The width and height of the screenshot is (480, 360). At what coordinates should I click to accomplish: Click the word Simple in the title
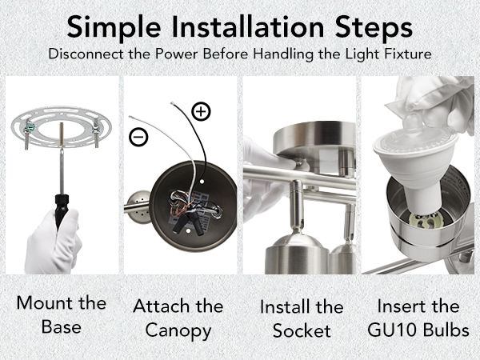click(114, 28)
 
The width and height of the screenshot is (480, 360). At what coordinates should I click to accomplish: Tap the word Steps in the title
click(374, 28)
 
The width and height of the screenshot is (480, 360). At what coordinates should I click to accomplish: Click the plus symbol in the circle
click(201, 111)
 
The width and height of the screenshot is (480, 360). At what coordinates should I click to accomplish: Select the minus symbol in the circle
click(138, 137)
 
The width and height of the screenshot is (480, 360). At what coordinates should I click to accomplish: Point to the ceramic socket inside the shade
click(424, 220)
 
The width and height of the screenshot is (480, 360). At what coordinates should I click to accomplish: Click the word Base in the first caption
click(62, 327)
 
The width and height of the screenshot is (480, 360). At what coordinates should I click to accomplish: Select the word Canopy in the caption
click(178, 331)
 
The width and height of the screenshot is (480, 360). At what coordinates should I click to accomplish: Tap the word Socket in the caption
click(302, 331)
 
